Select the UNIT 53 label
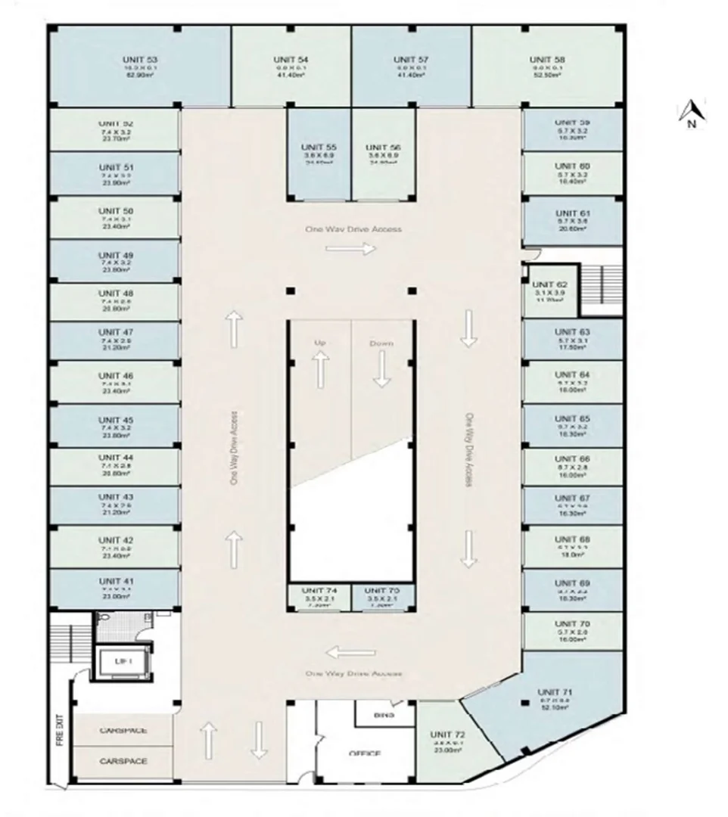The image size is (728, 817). [140, 59]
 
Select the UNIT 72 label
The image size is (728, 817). [446, 735]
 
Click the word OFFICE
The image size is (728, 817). [365, 753]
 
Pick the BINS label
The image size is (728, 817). [384, 714]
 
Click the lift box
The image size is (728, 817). [123, 660]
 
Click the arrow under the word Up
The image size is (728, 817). [320, 368]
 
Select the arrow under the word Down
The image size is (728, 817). [381, 370]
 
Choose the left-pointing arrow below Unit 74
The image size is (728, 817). [350, 653]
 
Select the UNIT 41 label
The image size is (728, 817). [115, 581]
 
